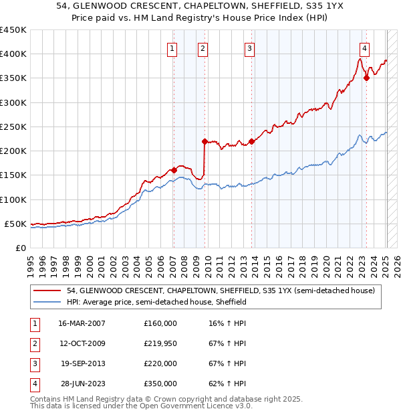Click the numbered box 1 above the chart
(x=172, y=48)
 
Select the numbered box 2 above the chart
(x=202, y=48)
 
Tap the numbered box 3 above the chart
(x=249, y=48)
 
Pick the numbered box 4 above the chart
(x=364, y=48)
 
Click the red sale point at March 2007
(x=174, y=170)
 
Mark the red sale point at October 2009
(x=205, y=141)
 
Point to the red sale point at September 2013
(x=251, y=141)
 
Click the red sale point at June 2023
(x=367, y=78)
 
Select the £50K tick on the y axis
(x=16, y=224)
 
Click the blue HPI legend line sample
(x=48, y=302)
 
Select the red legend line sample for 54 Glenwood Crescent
(x=48, y=290)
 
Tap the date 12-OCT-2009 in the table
(x=82, y=343)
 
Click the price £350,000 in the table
(x=160, y=384)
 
